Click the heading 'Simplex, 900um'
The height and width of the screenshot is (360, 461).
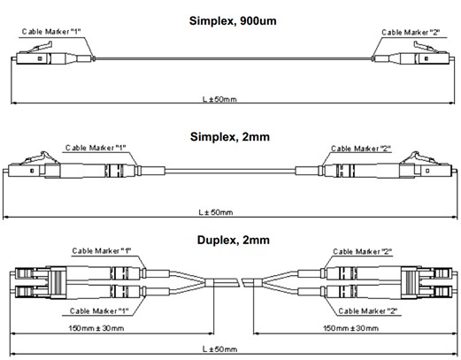[x=233, y=21]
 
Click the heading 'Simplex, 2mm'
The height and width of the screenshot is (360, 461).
[x=230, y=137]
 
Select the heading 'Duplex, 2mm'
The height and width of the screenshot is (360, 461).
[x=234, y=240]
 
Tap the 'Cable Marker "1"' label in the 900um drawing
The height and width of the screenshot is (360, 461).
[x=51, y=32]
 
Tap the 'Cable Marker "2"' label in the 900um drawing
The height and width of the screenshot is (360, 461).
[x=411, y=32]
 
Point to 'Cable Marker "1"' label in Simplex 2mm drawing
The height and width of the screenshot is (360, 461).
[x=96, y=148]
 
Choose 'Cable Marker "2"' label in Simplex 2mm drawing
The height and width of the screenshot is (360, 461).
[x=361, y=149]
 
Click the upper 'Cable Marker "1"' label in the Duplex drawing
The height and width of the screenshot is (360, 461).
[x=102, y=251]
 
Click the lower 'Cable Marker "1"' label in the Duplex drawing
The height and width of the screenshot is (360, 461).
[x=99, y=311]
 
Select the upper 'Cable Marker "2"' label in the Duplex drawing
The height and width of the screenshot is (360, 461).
[x=363, y=251]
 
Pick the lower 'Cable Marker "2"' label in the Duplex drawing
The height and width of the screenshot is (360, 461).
[x=368, y=311]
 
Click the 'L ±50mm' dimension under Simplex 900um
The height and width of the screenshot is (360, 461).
[x=219, y=99]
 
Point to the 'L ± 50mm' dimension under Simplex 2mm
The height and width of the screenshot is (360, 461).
[x=216, y=212]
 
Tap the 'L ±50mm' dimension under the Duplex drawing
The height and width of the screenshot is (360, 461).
[x=219, y=349]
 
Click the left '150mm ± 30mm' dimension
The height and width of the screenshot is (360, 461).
[x=96, y=328]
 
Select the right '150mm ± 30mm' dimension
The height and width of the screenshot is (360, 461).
[x=351, y=328]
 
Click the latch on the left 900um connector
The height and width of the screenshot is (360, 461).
[x=42, y=47]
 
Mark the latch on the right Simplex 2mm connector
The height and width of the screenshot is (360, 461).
[x=419, y=158]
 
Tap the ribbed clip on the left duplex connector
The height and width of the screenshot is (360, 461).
[x=58, y=283]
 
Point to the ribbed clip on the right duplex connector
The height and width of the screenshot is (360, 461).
[x=409, y=283]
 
